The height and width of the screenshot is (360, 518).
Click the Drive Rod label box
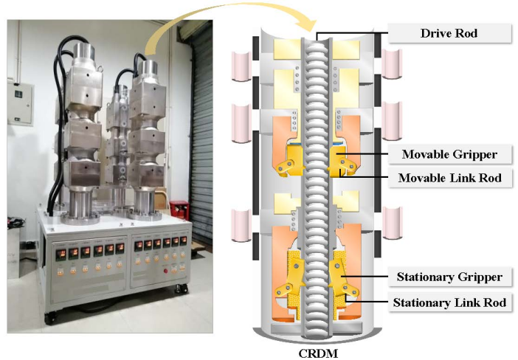pyautogui.click(x=449, y=33)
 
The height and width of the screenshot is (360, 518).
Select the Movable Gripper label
pyautogui.click(x=449, y=154)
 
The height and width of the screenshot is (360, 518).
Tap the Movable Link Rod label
pyautogui.click(x=449, y=178)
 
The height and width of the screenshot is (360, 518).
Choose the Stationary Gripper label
pyautogui.click(x=449, y=277)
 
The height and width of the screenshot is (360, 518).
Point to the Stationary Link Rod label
pyautogui.click(x=449, y=302)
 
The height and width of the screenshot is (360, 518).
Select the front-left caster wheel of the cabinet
pyautogui.click(x=52, y=318)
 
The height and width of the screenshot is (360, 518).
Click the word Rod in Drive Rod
pyautogui.click(x=468, y=33)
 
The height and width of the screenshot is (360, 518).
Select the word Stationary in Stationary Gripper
pyautogui.click(x=424, y=277)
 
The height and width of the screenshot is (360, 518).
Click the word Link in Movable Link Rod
pyautogui.click(x=463, y=178)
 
